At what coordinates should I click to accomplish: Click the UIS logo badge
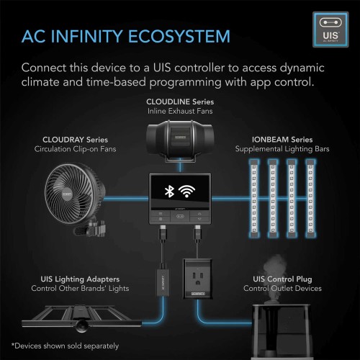tap(330, 30)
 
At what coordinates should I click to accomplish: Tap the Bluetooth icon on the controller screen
tap(169, 192)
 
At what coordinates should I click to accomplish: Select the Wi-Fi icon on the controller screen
tap(186, 192)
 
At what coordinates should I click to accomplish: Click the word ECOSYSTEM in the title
tap(179, 37)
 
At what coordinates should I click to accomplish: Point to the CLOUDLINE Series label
tap(180, 102)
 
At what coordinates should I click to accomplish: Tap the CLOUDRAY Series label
tap(75, 140)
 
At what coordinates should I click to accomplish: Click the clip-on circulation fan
tap(75, 199)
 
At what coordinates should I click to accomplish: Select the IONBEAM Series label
tap(282, 140)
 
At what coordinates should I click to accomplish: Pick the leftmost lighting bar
tap(254, 198)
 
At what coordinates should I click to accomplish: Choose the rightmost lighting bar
tap(310, 198)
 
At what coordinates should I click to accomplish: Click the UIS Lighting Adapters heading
tap(80, 279)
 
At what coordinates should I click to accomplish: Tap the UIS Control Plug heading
tap(282, 279)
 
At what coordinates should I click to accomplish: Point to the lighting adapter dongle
tap(163, 282)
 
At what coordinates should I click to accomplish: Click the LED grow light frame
tap(81, 318)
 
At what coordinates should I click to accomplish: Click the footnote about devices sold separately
tap(65, 346)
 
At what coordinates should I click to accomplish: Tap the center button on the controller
tap(180, 216)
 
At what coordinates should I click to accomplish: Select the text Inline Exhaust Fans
tap(180, 111)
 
